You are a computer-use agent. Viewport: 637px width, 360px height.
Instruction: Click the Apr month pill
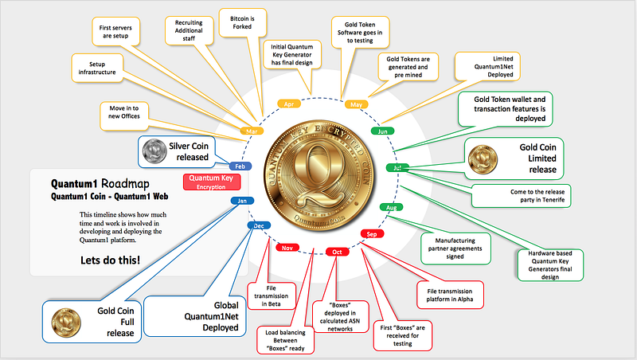pos(289,104)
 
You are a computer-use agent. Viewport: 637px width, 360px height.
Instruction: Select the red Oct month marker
pos(337,252)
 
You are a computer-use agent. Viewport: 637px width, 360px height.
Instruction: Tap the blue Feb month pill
pos(240,166)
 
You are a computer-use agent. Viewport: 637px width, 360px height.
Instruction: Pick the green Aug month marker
pos(391,207)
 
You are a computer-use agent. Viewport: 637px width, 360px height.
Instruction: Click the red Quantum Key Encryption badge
pos(212,182)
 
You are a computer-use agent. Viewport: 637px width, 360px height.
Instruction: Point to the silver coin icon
pos(154,151)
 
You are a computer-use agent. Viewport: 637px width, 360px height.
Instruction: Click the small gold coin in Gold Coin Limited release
pos(483,159)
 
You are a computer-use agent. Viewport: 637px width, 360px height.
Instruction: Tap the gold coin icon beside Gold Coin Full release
pos(66,323)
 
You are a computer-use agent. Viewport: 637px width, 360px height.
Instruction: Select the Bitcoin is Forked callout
pos(243,23)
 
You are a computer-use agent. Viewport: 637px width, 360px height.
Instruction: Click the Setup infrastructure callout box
pos(97,68)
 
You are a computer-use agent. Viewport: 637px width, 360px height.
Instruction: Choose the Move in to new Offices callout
pos(124,116)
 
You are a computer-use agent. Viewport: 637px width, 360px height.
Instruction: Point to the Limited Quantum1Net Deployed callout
pos(487,67)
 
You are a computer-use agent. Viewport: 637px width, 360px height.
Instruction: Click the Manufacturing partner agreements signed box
pos(455,248)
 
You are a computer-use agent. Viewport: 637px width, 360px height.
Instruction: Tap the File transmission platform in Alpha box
pos(450,295)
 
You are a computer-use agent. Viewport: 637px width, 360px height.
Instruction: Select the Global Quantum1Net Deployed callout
pos(195,316)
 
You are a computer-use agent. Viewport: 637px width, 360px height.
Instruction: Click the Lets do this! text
pos(110,260)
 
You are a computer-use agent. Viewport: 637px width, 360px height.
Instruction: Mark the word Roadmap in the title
pos(125,184)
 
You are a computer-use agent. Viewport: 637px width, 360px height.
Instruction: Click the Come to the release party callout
pos(522,196)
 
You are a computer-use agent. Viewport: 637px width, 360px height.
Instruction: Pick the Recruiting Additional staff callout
pos(189,30)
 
